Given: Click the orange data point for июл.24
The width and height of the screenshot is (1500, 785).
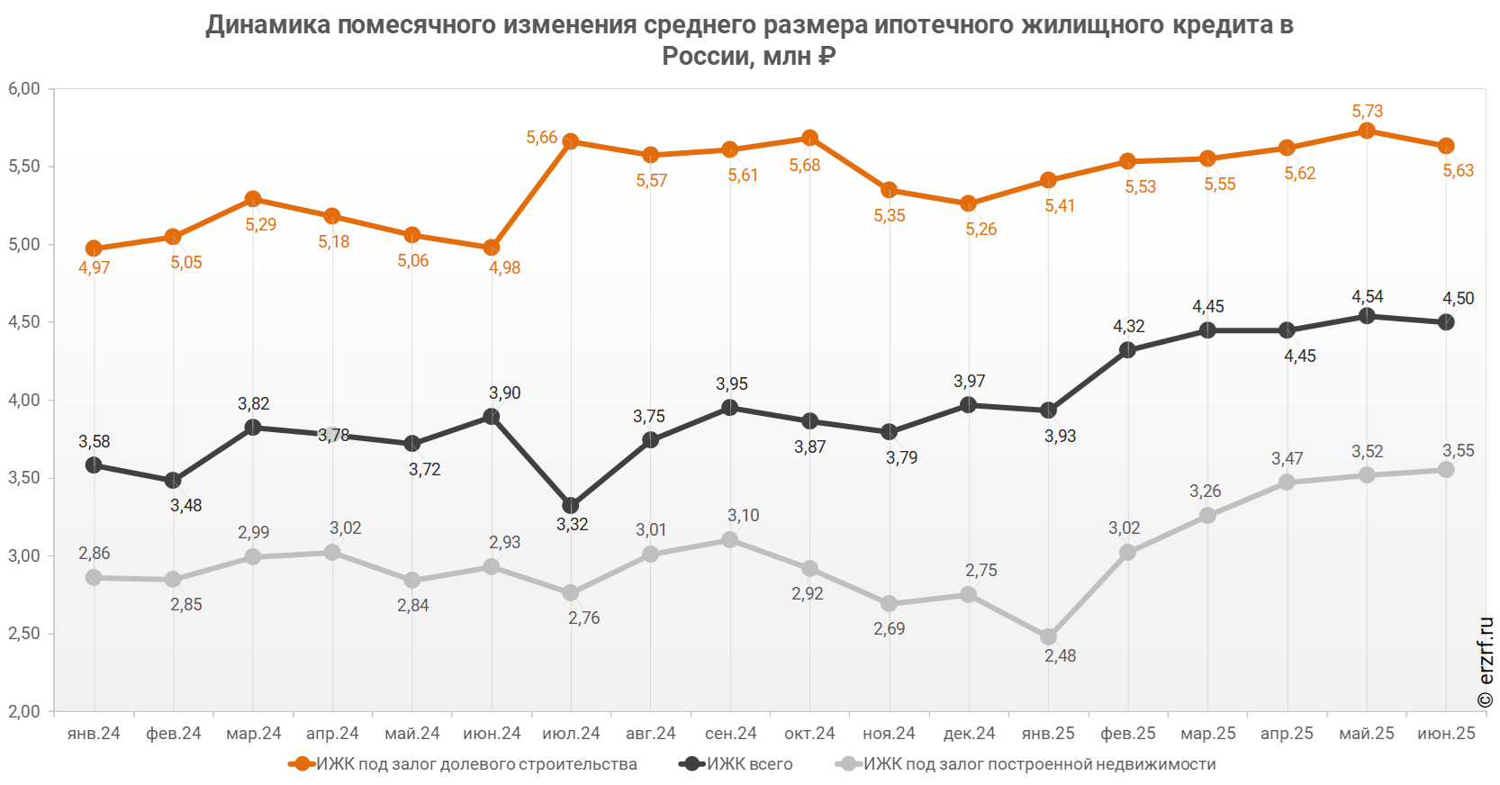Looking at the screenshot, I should (x=571, y=141).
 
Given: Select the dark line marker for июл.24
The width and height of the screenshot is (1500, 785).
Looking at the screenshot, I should (x=571, y=506).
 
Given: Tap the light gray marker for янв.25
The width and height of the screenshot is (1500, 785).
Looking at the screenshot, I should (x=1048, y=636).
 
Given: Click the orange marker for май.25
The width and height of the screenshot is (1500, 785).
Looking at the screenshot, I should (x=1367, y=131).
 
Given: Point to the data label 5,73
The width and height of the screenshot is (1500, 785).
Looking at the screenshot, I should (x=1367, y=111).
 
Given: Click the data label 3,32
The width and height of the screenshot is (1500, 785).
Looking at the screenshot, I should (x=572, y=524).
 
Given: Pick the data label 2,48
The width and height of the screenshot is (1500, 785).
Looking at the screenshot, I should (x=1060, y=655).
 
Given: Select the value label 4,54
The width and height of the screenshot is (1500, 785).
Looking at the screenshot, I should (x=1367, y=296).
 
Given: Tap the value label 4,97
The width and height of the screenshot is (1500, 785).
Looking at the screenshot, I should (x=94, y=267).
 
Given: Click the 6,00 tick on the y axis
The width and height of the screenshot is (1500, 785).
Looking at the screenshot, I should (x=24, y=89).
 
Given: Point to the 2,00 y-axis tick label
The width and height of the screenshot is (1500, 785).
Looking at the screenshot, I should (x=24, y=711).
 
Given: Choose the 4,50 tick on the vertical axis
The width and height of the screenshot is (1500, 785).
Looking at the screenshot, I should (x=24, y=322).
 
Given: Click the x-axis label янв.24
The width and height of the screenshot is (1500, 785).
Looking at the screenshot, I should (x=94, y=734).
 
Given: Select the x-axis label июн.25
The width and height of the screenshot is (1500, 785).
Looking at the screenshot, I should (x=1446, y=734).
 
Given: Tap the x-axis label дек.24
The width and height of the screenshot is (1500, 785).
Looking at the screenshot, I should (x=969, y=734).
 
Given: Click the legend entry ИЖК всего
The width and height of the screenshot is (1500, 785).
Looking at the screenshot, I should (x=750, y=764).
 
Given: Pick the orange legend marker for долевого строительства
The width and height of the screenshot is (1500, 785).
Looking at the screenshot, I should (x=302, y=764).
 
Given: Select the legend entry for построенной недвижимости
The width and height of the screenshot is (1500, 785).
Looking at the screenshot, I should (x=1040, y=764).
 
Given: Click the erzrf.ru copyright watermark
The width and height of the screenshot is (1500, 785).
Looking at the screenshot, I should (x=1486, y=662).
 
